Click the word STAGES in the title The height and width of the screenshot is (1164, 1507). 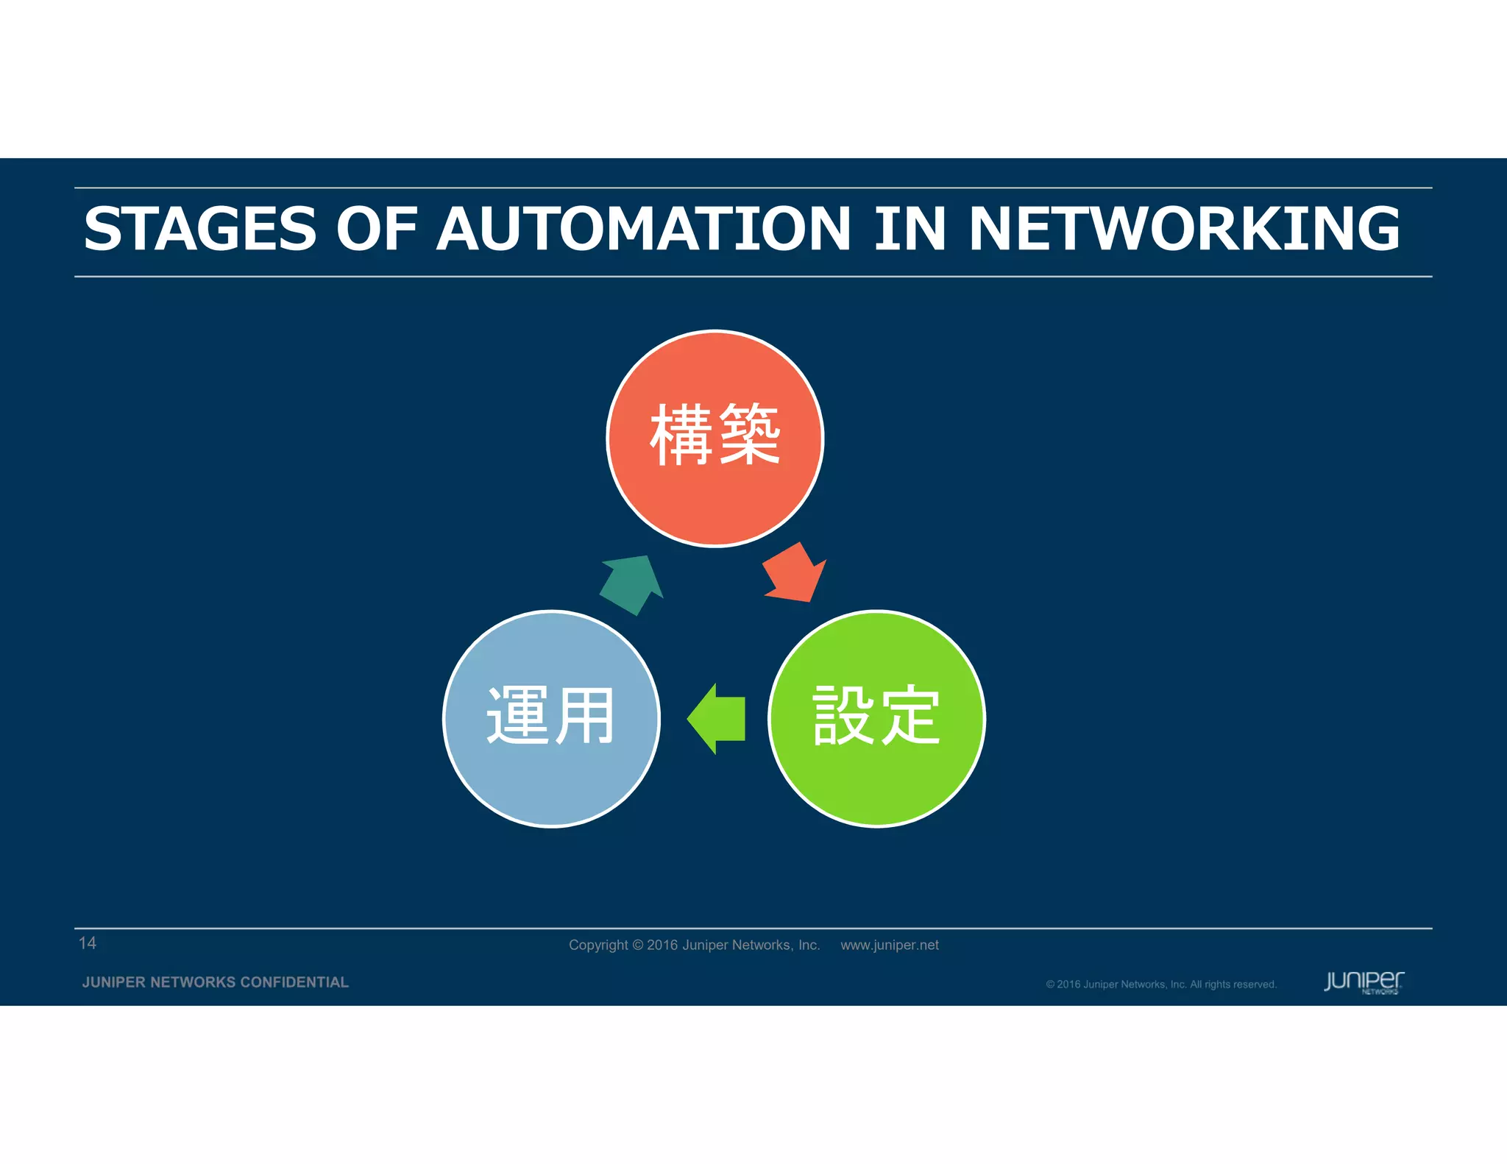click(200, 229)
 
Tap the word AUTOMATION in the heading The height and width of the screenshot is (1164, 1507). click(644, 229)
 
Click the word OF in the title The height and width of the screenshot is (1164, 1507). click(376, 229)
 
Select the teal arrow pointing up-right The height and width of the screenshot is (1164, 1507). click(631, 585)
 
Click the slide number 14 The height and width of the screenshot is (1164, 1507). click(87, 943)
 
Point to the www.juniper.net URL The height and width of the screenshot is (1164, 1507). click(889, 945)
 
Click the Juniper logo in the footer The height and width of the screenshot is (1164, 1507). click(1364, 982)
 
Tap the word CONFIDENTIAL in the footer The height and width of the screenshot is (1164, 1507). click(294, 982)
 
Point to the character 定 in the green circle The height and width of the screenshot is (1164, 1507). click(909, 715)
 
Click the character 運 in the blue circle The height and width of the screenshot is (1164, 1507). click(518, 715)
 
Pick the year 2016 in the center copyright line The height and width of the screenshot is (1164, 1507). click(662, 945)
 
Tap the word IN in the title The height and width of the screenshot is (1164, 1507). click(909, 229)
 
